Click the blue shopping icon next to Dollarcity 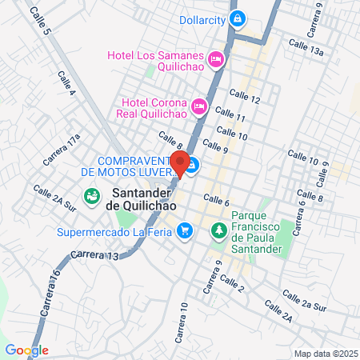click(236, 18)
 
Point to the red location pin click(181, 163)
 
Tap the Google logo click(26, 350)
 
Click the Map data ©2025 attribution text click(324, 353)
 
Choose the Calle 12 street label click(244, 99)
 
